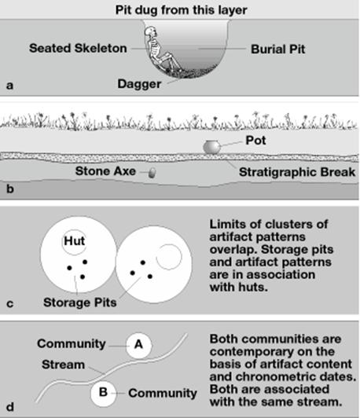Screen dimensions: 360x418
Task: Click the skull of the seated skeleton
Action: [x=150, y=31]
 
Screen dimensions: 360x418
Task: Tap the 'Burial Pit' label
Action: [x=278, y=49]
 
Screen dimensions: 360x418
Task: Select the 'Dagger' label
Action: [x=139, y=84]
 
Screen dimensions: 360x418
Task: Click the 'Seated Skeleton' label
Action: [x=78, y=48]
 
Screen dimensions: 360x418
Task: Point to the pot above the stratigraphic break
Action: [x=211, y=147]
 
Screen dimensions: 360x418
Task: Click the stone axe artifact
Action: [x=152, y=173]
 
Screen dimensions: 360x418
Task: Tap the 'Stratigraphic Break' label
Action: [x=297, y=172]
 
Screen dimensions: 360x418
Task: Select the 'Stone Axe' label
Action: [x=105, y=171]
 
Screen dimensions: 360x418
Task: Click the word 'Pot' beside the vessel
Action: [x=255, y=141]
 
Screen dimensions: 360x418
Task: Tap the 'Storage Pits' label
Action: [x=79, y=302]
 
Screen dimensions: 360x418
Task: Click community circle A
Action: [x=138, y=345]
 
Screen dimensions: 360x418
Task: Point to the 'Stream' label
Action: [x=63, y=365]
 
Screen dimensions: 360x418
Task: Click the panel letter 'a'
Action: [x=9, y=86]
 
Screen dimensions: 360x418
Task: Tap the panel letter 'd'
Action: [x=10, y=407]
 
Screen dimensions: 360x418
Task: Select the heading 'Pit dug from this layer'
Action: [x=181, y=10]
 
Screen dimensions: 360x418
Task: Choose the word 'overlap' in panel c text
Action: [x=232, y=250]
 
